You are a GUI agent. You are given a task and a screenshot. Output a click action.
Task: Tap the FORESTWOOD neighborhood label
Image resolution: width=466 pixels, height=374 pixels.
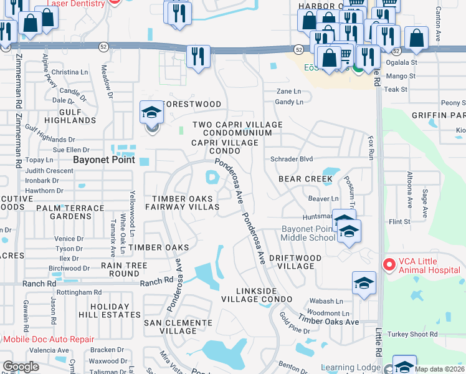tap(191, 103)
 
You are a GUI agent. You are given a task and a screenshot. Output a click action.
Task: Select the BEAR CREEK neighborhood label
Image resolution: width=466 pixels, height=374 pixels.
tap(306, 179)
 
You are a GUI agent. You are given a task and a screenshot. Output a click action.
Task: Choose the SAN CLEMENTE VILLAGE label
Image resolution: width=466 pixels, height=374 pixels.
tap(178, 327)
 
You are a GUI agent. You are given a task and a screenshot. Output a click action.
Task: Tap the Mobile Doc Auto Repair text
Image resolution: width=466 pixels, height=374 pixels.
tap(49, 340)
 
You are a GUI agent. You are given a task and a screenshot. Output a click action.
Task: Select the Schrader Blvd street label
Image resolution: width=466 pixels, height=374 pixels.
tap(291, 159)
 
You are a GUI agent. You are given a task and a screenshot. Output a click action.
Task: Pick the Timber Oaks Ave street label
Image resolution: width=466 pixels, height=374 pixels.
tap(328, 321)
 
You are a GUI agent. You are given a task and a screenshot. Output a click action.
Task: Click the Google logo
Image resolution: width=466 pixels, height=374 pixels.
tap(21, 367)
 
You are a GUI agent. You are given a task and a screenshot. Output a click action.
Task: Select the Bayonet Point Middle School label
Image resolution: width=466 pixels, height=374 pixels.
tap(308, 233)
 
